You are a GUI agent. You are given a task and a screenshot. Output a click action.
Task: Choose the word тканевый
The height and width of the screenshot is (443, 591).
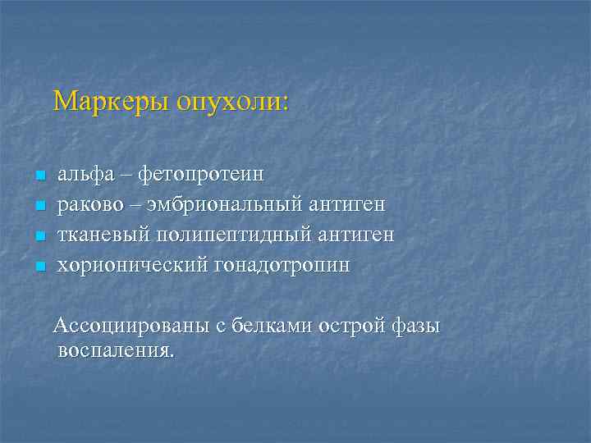97,235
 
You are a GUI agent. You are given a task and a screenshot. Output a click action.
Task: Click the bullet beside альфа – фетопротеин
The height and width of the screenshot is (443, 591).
38,176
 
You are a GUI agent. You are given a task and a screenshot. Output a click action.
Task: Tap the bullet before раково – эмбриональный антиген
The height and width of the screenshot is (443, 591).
38,206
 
